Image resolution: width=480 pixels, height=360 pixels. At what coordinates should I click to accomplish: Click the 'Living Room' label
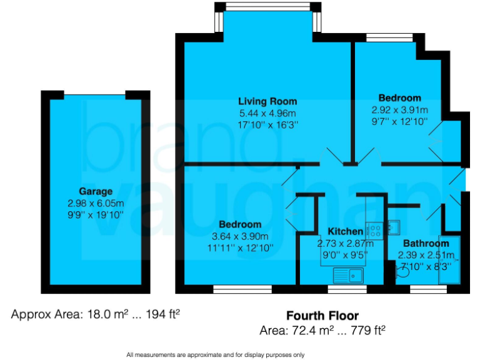coord(267,101)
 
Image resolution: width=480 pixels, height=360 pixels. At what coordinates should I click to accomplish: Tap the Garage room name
coord(96,191)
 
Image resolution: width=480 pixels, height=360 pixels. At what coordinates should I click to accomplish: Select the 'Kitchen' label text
coord(341,231)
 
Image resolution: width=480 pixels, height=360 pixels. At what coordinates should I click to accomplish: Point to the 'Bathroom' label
coord(426,243)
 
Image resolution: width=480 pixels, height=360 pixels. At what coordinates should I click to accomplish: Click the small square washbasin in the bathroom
coord(394,226)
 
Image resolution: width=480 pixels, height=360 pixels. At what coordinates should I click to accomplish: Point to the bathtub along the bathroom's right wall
coord(449,260)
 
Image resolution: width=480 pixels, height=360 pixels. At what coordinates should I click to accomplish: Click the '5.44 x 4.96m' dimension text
coord(267,113)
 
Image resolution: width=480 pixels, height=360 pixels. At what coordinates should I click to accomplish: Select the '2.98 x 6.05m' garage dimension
coord(96,203)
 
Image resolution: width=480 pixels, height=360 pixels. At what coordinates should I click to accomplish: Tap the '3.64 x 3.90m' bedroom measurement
coord(240,236)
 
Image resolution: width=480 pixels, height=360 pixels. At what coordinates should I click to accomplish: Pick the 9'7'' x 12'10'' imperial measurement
coord(399,121)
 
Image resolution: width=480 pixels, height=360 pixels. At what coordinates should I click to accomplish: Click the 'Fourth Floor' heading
coord(322,316)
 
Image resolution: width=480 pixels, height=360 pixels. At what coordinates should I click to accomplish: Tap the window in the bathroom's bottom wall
coord(424,289)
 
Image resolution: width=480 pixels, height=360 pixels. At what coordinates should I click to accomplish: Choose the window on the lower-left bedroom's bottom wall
coord(242,289)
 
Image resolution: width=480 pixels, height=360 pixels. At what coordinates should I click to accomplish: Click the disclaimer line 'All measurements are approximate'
coord(216,354)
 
